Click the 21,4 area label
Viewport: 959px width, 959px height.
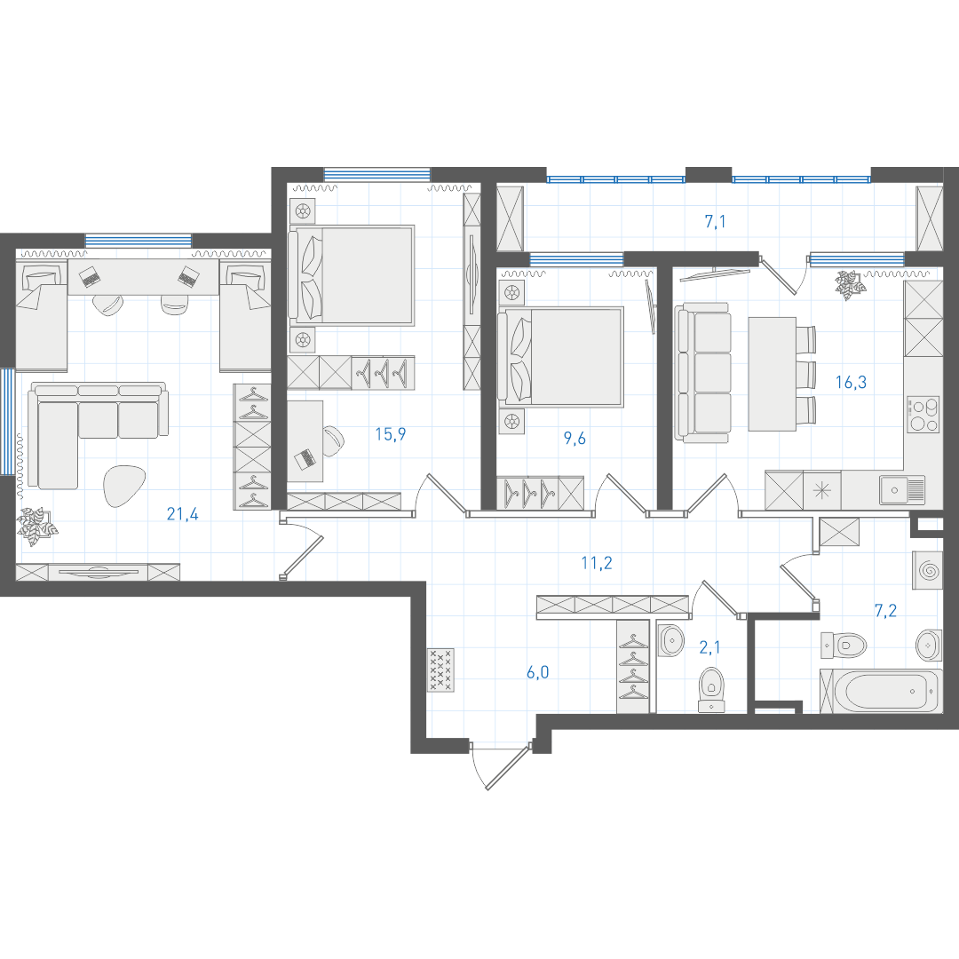[x=182, y=514]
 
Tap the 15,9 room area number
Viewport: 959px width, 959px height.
[x=390, y=434]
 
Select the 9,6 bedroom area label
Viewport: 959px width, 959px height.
[x=575, y=438]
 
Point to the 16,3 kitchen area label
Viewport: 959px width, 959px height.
[x=851, y=382]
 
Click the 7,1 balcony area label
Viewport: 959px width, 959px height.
[x=715, y=221]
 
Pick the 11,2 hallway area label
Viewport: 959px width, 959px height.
[x=597, y=563]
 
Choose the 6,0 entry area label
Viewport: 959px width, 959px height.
[x=537, y=672]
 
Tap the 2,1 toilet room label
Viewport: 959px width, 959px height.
[x=709, y=647]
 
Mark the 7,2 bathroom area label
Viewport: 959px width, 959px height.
[x=885, y=610]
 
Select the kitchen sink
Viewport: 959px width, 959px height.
[x=902, y=490]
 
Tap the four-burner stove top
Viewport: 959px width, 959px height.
[x=923, y=415]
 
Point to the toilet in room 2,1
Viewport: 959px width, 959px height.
[x=711, y=689]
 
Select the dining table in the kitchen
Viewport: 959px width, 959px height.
[x=772, y=374]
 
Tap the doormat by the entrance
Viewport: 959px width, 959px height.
[x=441, y=670]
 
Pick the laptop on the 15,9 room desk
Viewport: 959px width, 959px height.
[x=305, y=458]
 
